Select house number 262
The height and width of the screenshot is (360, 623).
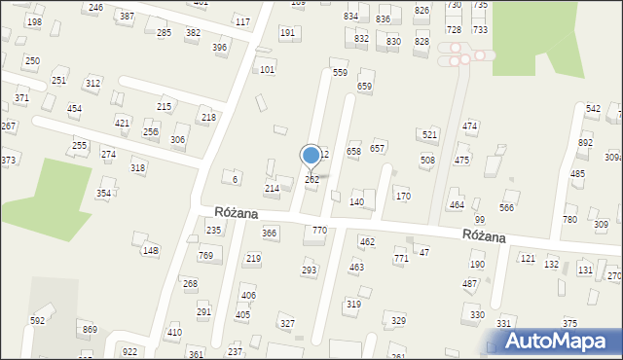click(x=311, y=180)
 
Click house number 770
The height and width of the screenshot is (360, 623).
click(x=318, y=230)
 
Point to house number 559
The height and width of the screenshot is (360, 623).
click(x=340, y=73)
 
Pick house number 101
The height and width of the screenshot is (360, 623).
click(x=267, y=70)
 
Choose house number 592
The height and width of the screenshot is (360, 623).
click(x=38, y=320)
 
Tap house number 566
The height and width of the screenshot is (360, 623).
click(x=506, y=208)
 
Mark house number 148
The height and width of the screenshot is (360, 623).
click(x=150, y=251)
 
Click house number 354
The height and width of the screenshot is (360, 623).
click(x=103, y=194)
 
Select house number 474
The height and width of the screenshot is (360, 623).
click(x=470, y=126)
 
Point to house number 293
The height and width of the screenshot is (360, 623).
click(x=310, y=270)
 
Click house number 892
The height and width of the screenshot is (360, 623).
click(x=585, y=142)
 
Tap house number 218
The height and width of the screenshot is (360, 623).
click(x=208, y=118)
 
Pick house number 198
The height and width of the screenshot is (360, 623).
click(x=34, y=22)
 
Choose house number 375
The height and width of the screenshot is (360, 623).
click(x=569, y=324)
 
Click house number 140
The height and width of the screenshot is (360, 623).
click(x=356, y=201)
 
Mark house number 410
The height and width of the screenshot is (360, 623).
click(x=174, y=333)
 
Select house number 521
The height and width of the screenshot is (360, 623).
click(x=429, y=134)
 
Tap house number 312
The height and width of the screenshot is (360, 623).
click(x=92, y=84)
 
